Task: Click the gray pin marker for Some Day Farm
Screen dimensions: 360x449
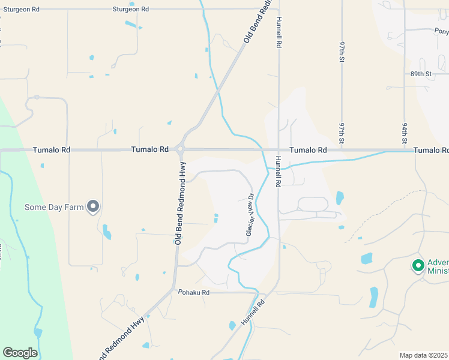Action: (93, 206)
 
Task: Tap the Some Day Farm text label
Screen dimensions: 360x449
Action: (53, 208)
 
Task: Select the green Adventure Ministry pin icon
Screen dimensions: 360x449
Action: (418, 265)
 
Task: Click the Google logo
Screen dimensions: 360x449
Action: (20, 353)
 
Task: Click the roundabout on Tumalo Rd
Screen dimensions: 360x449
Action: (180, 149)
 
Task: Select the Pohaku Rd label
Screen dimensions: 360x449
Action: (193, 292)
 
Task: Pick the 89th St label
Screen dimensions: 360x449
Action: (421, 74)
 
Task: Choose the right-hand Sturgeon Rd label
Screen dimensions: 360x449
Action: (131, 9)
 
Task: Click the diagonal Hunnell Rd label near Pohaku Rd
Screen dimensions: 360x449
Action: (253, 313)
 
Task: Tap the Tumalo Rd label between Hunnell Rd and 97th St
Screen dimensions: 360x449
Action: (308, 149)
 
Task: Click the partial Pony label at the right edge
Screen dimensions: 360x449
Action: (441, 31)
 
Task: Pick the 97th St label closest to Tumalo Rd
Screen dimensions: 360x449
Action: (341, 134)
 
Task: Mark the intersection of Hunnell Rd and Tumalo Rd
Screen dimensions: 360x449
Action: (279, 150)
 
